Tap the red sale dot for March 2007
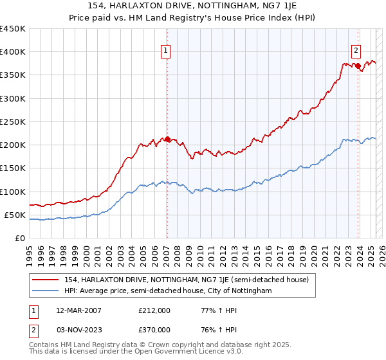tap(167, 139)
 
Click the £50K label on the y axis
tap(15, 215)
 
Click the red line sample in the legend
tap(45, 280)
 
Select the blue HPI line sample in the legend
tap(45, 291)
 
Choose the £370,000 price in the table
tap(154, 329)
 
